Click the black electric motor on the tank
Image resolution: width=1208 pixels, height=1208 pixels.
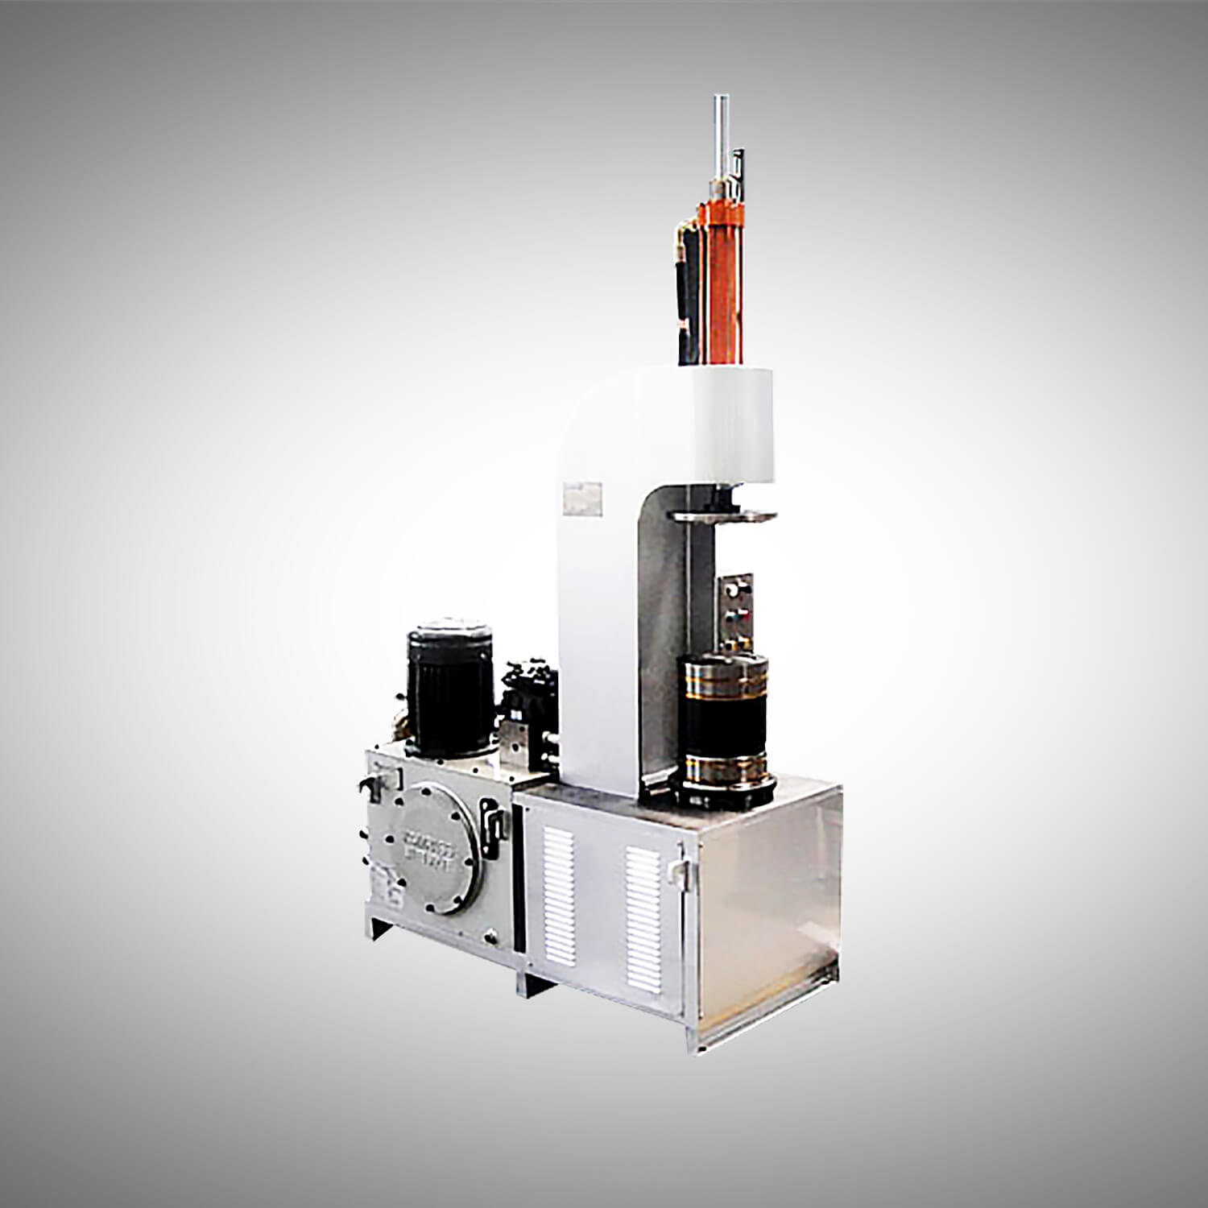tap(449, 693)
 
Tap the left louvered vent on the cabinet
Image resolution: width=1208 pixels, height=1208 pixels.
tap(559, 894)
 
